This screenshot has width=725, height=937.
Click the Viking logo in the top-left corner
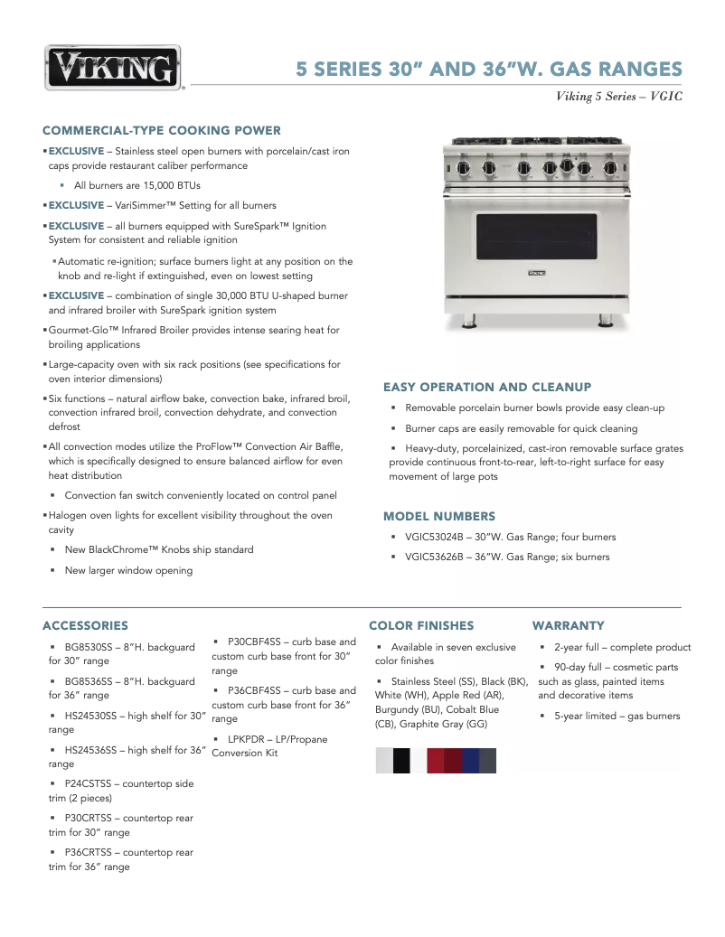coord(113,68)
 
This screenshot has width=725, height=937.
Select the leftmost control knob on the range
coord(464,168)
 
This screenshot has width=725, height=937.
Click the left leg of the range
coord(471,320)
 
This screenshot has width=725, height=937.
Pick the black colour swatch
coord(401,761)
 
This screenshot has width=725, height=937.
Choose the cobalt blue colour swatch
coord(470,761)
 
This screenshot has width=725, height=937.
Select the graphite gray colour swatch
coord(487,761)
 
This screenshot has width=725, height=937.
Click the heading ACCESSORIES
coord(85,625)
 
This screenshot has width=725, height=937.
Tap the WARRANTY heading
coord(568,625)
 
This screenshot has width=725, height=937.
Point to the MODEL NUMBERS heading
coord(439,517)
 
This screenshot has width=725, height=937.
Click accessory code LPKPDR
coord(249,739)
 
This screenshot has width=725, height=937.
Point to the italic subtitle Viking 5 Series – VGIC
coord(618,97)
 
